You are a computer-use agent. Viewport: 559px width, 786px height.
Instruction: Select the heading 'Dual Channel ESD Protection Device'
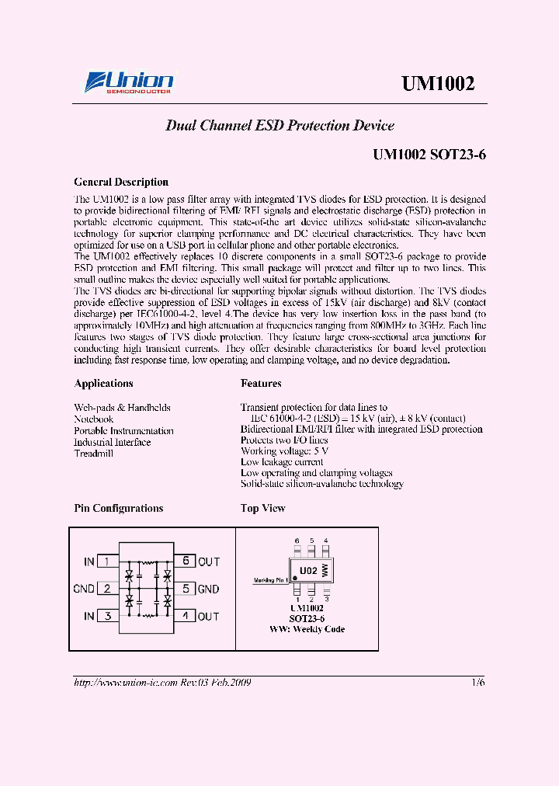tap(279, 126)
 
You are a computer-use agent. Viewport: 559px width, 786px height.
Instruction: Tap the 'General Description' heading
tap(121, 183)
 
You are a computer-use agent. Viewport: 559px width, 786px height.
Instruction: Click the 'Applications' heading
tap(103, 384)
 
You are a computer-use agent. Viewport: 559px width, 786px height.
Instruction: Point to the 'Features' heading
tap(261, 384)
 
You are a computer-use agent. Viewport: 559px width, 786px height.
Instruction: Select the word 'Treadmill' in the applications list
tap(93, 454)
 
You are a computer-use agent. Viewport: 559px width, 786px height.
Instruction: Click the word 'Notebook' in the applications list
tap(93, 419)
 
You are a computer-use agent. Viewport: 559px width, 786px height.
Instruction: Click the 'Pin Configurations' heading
tap(118, 509)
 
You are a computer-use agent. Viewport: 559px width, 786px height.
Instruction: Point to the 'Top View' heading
tap(263, 509)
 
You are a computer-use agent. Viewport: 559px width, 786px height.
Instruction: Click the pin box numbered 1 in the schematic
tap(107, 562)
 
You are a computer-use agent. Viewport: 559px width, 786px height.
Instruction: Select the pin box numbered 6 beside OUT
tap(185, 562)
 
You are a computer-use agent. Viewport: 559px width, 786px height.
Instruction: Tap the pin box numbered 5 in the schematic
tap(185, 589)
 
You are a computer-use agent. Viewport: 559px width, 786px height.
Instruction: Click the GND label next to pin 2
tap(84, 589)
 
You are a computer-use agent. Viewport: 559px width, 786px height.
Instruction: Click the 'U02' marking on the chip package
tap(308, 571)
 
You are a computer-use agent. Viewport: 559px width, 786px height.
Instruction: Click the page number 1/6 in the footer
tap(477, 682)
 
